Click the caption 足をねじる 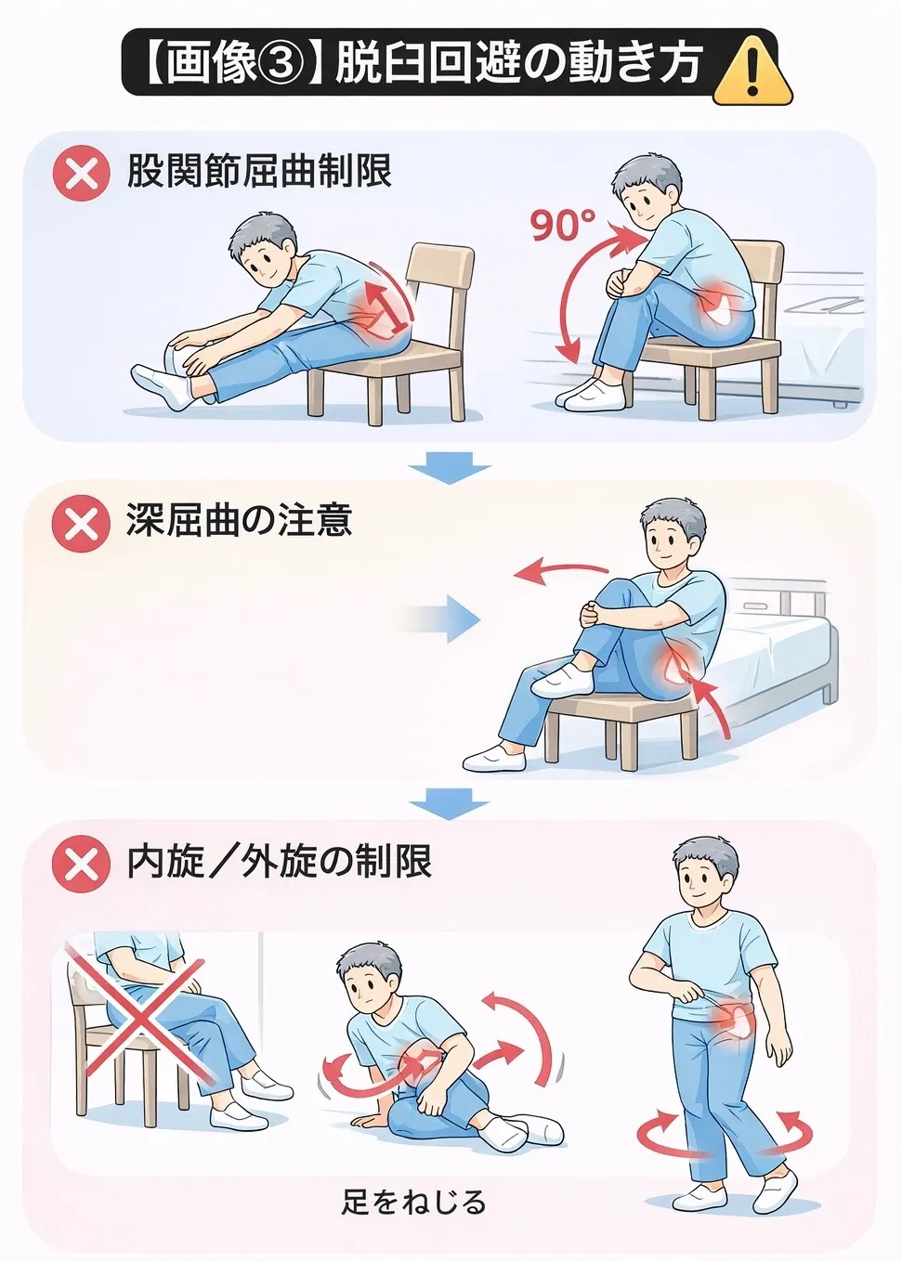click(413, 1151)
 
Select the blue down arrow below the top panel click(451, 467)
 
